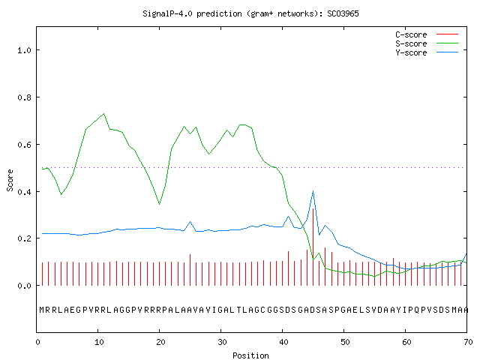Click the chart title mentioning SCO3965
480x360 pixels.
[x=250, y=13]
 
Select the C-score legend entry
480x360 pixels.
[x=427, y=34]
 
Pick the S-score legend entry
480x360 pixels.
[x=427, y=43]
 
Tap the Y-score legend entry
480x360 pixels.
[x=427, y=52]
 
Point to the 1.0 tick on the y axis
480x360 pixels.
[x=24, y=50]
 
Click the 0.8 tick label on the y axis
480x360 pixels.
[x=24, y=97]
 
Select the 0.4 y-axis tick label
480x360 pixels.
[x=24, y=192]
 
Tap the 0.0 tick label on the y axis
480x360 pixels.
[x=24, y=286]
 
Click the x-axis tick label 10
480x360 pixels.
[x=99, y=342]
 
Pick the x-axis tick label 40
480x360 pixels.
[x=283, y=342]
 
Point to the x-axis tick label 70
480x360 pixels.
[x=468, y=342]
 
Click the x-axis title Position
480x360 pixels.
[x=250, y=355]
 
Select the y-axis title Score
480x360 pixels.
[x=10, y=181]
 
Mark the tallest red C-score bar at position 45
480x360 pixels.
[x=313, y=247]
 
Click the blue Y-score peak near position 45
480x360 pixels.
[x=313, y=191]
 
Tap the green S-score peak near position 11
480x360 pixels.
[x=104, y=114]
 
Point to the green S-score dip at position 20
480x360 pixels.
[x=159, y=204]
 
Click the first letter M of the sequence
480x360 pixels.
[x=42, y=310]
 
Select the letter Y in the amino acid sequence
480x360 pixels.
[x=398, y=310]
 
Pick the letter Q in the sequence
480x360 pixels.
[x=417, y=310]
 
